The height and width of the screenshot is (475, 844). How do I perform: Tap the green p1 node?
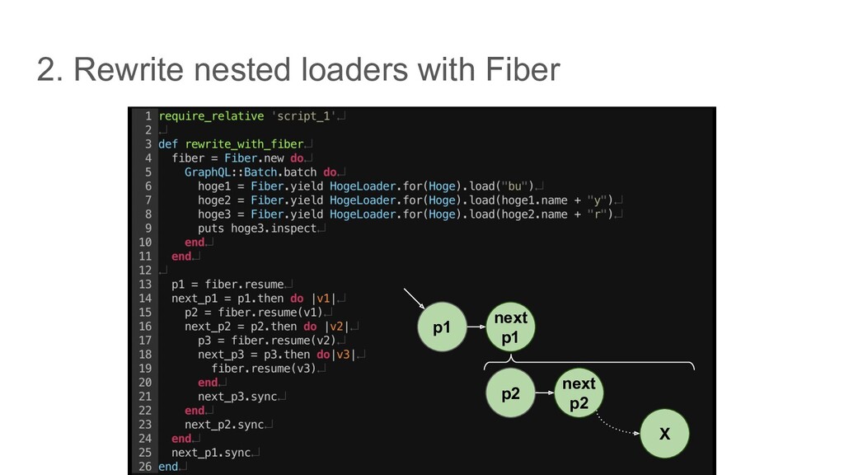(x=443, y=327)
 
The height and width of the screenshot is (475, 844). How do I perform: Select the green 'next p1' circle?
(x=510, y=327)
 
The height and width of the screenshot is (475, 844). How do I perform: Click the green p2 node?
(x=511, y=393)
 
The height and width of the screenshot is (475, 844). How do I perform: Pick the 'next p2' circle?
(x=579, y=393)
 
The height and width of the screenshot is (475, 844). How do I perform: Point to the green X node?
(x=664, y=432)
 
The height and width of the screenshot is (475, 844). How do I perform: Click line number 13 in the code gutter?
(x=144, y=284)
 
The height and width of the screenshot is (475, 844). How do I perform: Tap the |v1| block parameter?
(x=322, y=298)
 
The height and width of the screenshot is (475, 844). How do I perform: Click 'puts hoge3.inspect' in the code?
(x=257, y=228)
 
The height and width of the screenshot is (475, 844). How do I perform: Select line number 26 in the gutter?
(x=144, y=466)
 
